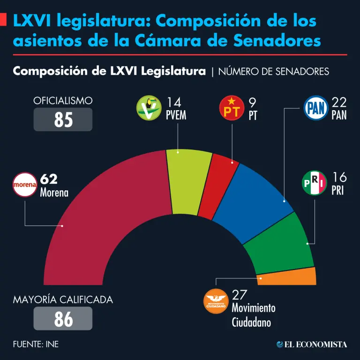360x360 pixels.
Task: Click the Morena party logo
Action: coord(24,184)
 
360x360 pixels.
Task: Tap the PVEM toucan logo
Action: coord(149,108)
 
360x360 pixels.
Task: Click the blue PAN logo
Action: coord(316,108)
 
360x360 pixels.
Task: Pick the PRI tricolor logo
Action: coord(314,183)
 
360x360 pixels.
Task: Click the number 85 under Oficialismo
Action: coord(63,120)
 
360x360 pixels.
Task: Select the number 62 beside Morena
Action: coord(49,179)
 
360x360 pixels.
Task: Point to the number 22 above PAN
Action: coord(339,102)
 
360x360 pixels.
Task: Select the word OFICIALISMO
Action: coord(63,100)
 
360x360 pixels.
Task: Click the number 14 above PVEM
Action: coord(173,102)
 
